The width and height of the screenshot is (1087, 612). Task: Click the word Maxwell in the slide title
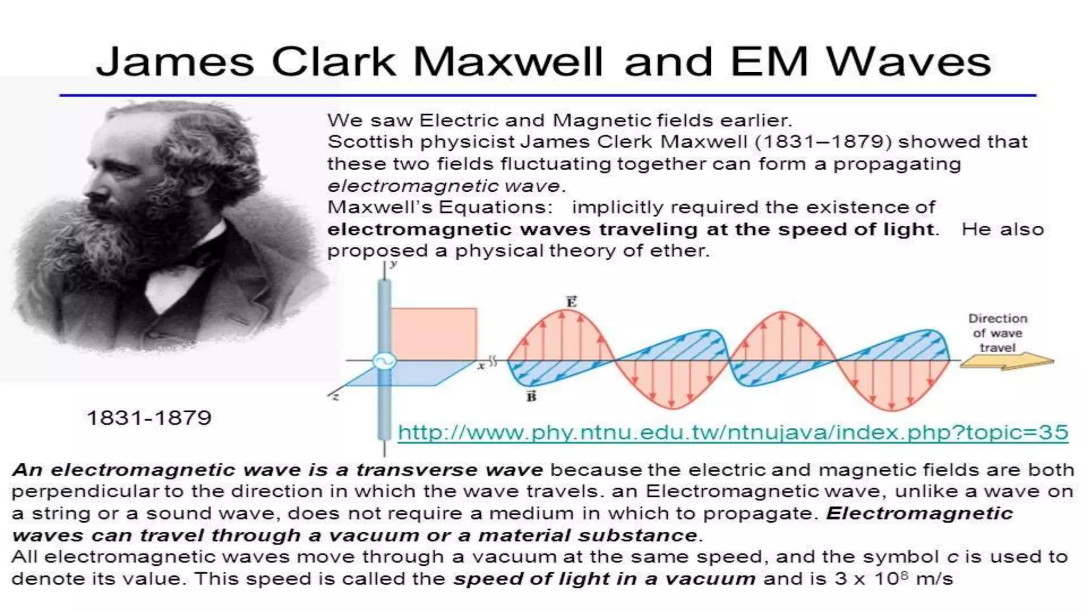click(x=507, y=62)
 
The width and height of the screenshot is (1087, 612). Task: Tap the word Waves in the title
click(x=909, y=62)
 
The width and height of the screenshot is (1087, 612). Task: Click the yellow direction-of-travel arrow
click(x=1006, y=362)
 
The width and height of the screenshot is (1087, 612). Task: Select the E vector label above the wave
click(x=571, y=302)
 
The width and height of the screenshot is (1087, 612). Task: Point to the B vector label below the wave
click(x=531, y=396)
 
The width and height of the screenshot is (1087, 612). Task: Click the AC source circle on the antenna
click(x=384, y=361)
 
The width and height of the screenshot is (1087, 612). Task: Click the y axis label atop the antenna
click(x=393, y=264)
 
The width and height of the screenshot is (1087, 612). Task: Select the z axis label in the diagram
click(x=335, y=396)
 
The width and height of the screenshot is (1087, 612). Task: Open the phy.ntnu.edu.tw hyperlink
click(x=732, y=432)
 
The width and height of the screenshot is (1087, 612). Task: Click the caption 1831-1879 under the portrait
click(x=149, y=418)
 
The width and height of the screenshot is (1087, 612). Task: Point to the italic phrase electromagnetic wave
click(x=444, y=186)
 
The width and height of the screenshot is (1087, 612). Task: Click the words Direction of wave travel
click(x=997, y=333)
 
